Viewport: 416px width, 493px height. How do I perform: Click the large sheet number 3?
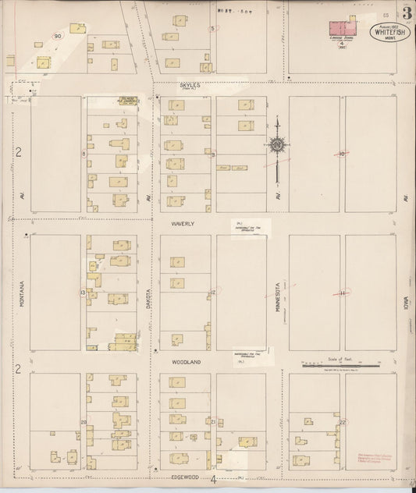[407, 12]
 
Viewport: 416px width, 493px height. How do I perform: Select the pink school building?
[341, 28]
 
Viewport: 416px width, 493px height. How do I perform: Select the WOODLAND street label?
[187, 362]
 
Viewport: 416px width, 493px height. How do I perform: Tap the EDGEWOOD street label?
[186, 476]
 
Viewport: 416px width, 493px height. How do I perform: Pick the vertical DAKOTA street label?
[148, 296]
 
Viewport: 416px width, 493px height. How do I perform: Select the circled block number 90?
[58, 36]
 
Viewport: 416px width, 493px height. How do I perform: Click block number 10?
[342, 154]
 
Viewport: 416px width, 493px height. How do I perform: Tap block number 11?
[342, 293]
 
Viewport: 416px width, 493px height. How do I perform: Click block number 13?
[82, 293]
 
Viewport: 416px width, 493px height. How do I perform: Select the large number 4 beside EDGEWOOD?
[212, 479]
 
